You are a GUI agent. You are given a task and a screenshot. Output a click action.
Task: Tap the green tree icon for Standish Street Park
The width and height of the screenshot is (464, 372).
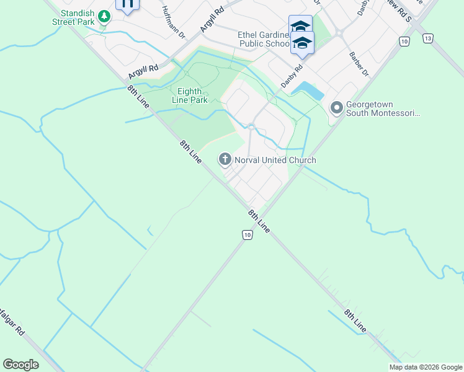click(x=104, y=16)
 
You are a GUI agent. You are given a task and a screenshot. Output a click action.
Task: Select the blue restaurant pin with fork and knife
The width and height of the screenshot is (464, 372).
click(x=127, y=4)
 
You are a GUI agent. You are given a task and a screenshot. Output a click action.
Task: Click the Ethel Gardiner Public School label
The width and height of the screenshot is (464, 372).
click(x=263, y=39)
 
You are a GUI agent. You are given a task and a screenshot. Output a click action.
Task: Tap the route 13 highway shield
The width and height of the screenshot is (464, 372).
click(x=428, y=38)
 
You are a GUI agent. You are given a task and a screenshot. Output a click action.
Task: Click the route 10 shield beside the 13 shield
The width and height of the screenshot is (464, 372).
click(x=404, y=42)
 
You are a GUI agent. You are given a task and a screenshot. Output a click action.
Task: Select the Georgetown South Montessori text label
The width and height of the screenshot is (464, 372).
click(x=383, y=109)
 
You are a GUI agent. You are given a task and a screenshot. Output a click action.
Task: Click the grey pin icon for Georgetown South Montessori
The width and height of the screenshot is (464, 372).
click(x=337, y=108)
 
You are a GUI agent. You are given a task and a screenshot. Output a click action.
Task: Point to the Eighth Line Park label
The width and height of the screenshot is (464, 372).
click(x=189, y=95)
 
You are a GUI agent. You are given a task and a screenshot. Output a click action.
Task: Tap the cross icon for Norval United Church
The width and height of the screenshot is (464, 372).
click(x=225, y=160)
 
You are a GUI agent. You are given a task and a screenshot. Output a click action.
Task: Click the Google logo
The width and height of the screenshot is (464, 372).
click(x=20, y=365)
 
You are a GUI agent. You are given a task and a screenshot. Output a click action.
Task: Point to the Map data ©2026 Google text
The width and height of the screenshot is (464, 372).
click(x=426, y=367)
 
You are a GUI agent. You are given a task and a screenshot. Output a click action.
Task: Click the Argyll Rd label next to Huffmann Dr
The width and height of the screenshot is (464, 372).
click(x=212, y=21)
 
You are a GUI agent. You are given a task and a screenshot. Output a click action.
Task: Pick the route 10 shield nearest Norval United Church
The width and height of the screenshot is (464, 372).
click(x=247, y=234)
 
